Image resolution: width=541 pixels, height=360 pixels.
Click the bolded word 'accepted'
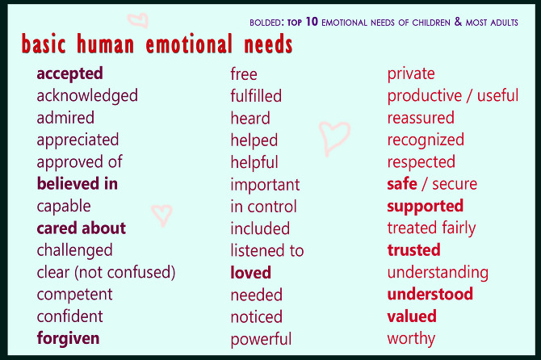(69, 73)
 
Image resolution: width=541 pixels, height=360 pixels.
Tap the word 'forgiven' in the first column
(68, 338)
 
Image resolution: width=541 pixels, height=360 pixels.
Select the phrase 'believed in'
(78, 184)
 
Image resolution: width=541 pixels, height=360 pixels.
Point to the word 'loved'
(250, 273)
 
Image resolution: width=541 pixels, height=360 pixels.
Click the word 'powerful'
(261, 339)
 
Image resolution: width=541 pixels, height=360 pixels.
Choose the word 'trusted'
(413, 250)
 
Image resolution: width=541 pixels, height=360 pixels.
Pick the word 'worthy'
(411, 338)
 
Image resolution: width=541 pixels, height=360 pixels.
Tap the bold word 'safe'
(402, 184)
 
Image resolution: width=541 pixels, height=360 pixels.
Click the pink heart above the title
(138, 20)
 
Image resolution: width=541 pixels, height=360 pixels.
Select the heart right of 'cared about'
(162, 214)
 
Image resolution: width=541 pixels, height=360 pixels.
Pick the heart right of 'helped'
(334, 137)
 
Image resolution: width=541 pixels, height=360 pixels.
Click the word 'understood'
(430, 295)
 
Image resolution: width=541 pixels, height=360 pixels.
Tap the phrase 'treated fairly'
(431, 228)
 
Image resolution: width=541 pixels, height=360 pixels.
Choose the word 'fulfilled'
(256, 96)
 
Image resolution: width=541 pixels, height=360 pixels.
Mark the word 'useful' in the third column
(498, 96)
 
